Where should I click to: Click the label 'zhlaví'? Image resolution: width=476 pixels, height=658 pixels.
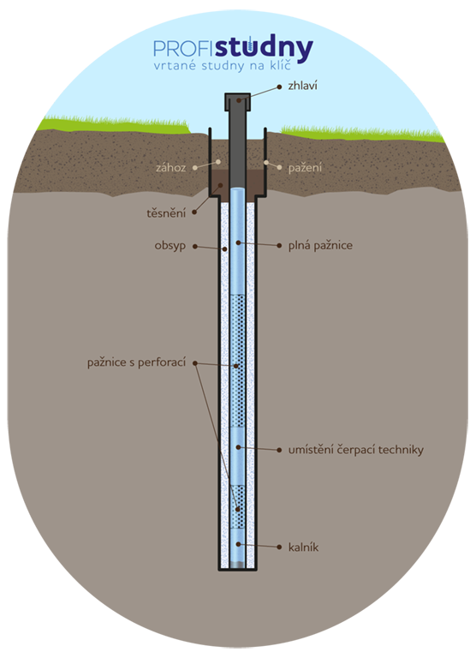(302, 86)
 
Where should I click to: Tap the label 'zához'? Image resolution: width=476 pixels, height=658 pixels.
(170, 168)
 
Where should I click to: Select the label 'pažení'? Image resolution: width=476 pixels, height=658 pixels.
(305, 168)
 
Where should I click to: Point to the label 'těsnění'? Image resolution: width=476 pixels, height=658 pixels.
(166, 213)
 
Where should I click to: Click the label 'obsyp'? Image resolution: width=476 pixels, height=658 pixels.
(170, 246)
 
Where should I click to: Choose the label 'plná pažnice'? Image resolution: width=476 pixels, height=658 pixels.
(320, 245)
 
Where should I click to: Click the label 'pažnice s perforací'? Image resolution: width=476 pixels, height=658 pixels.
(136, 362)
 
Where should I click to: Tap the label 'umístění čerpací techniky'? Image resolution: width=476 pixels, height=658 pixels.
(356, 450)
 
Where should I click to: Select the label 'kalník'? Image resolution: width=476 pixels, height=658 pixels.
(303, 547)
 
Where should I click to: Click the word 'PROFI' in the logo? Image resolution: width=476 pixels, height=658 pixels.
(184, 49)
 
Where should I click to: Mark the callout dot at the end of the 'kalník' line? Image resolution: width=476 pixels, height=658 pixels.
(279, 547)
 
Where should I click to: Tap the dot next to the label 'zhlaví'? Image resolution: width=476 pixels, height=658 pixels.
(279, 87)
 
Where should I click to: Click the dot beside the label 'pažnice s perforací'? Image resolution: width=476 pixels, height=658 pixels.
(195, 363)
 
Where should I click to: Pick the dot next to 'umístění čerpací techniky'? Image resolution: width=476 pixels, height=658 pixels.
(279, 451)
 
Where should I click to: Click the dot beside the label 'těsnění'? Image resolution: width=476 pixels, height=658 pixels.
(194, 212)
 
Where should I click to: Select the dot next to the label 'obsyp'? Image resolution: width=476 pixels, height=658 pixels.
(195, 247)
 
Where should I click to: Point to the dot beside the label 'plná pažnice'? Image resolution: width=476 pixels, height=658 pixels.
(279, 246)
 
